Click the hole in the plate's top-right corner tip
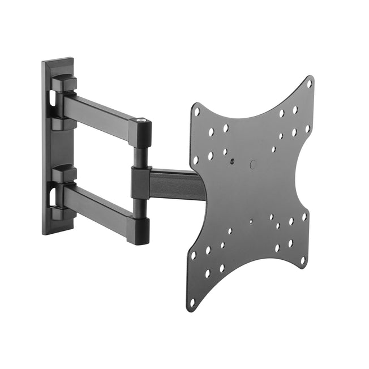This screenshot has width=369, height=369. pos(309,83)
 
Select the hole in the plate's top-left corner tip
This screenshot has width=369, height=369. pos(196,111)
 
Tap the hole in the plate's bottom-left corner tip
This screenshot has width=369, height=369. pos(193,302)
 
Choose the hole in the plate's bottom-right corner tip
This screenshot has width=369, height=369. pos(303,261)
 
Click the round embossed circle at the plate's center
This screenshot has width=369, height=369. pos(253,165)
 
